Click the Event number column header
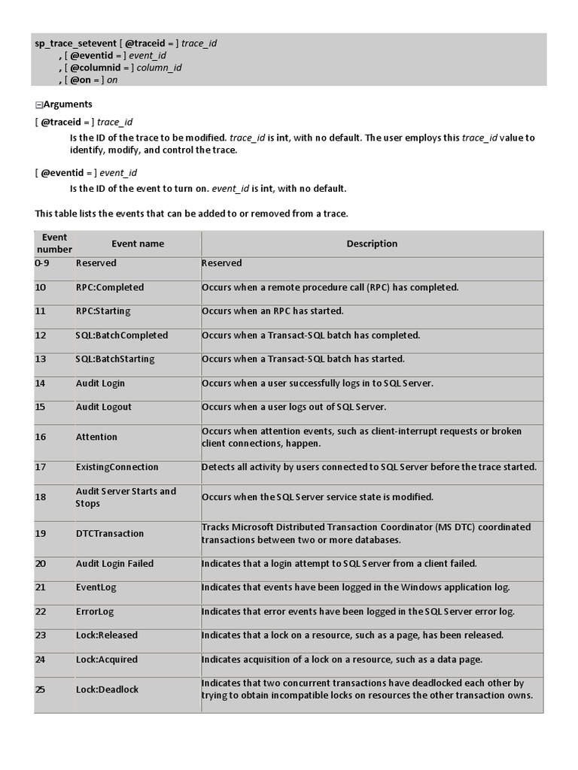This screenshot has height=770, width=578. click(x=54, y=243)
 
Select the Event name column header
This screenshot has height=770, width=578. click(x=138, y=244)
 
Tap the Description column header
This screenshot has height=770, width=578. click(x=372, y=244)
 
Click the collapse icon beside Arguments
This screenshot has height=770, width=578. click(x=38, y=105)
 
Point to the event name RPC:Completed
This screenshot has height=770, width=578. click(x=109, y=287)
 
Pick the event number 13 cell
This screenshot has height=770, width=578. click(x=41, y=359)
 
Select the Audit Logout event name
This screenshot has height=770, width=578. click(x=103, y=407)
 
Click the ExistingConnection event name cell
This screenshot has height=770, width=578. click(x=117, y=467)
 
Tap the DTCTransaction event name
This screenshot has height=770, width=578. click(x=109, y=533)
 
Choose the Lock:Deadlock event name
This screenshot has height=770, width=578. click(x=107, y=690)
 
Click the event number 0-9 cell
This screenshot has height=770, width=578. click(x=44, y=263)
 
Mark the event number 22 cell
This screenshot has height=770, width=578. click(x=41, y=611)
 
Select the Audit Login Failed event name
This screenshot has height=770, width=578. click(x=114, y=563)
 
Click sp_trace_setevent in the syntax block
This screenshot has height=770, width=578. click(x=75, y=44)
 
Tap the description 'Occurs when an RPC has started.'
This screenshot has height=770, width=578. click(x=272, y=311)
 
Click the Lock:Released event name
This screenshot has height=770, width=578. click(x=107, y=635)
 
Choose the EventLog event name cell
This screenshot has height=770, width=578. click(x=96, y=587)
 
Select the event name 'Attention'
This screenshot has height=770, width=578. click(x=96, y=437)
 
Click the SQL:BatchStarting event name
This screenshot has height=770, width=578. click(x=114, y=359)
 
